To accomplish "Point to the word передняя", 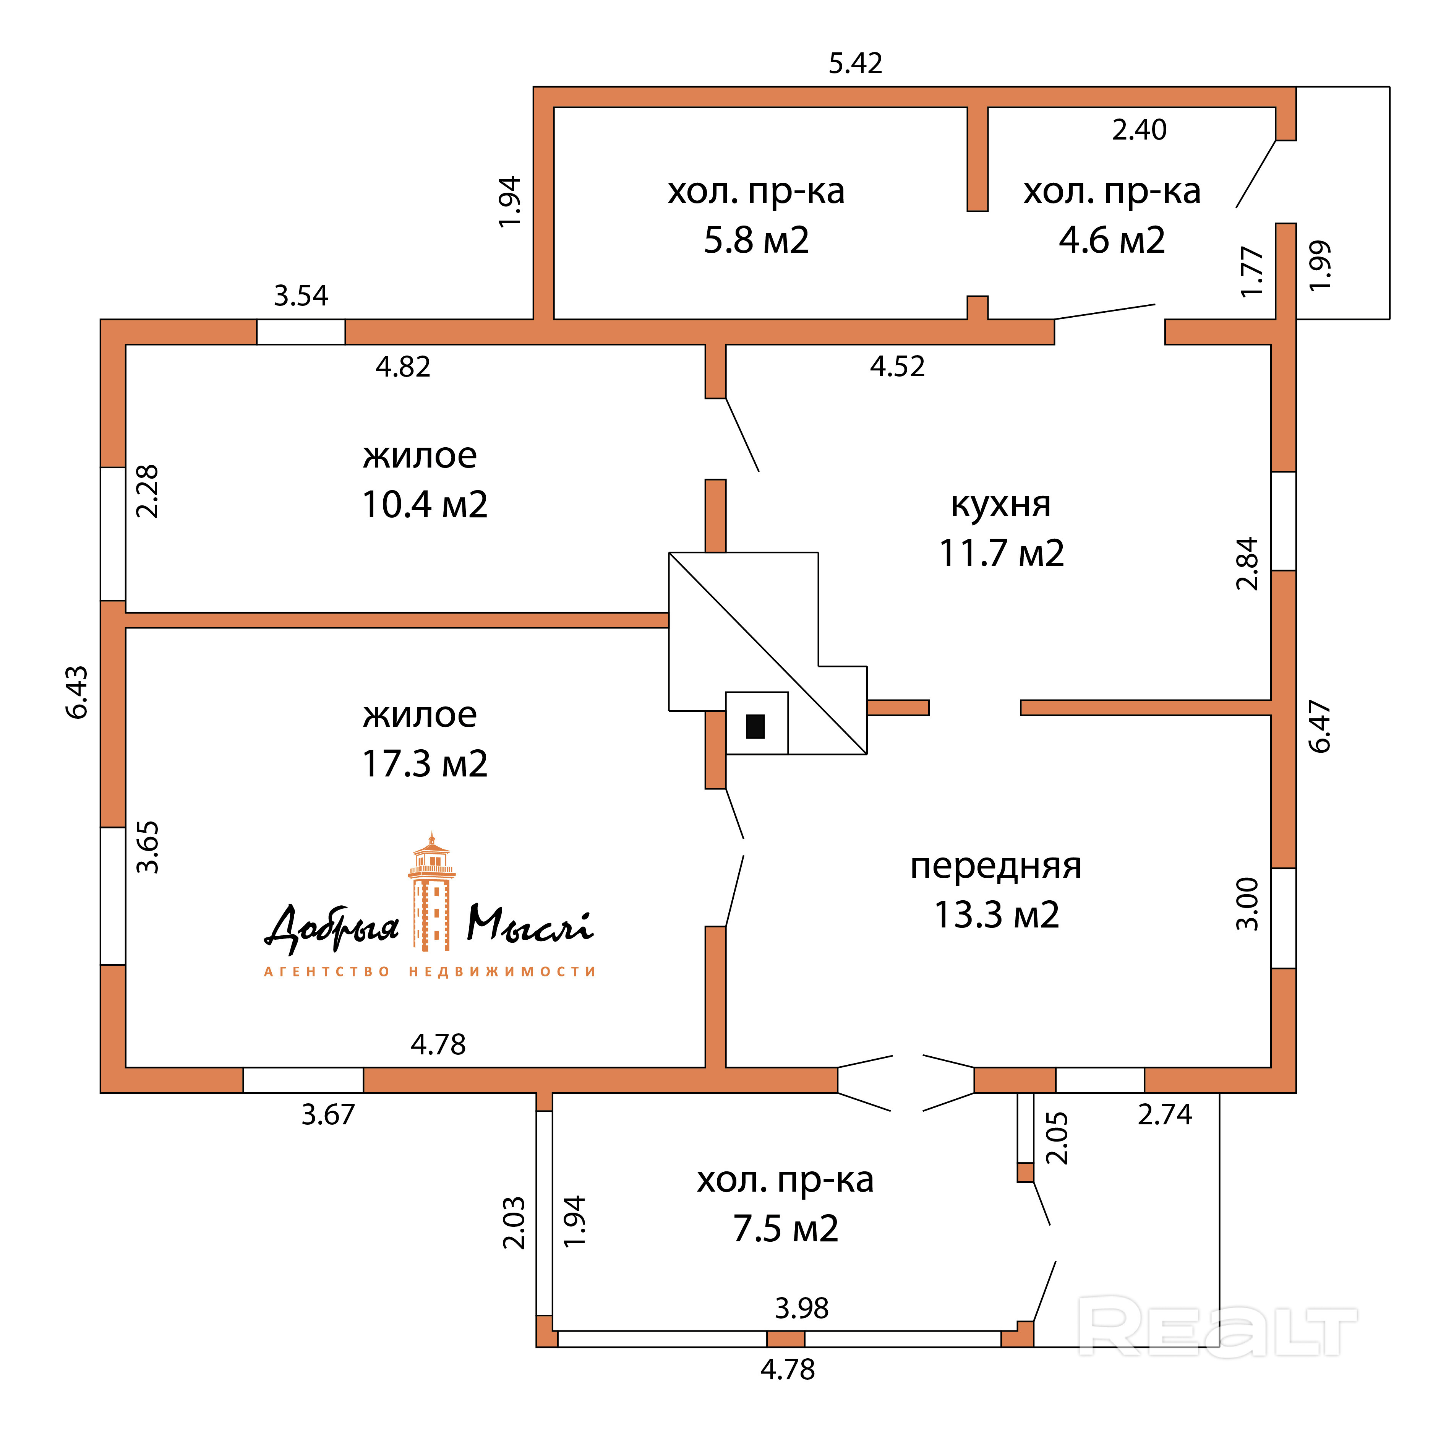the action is pyautogui.click(x=996, y=866).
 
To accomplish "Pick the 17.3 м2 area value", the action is pyautogui.click(x=425, y=764).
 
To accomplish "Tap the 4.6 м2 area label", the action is pyautogui.click(x=1112, y=240).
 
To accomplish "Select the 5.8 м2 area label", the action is pyautogui.click(x=756, y=240).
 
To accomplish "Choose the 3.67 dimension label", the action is pyautogui.click(x=328, y=1115).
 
